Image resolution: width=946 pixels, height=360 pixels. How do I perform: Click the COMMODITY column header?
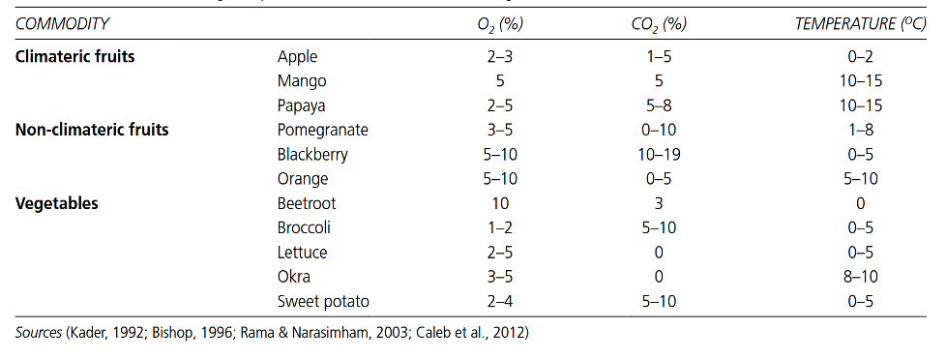[x=62, y=24]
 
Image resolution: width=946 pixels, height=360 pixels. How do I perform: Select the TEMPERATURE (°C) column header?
[x=860, y=24]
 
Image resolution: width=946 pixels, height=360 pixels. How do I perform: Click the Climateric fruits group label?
[x=74, y=57]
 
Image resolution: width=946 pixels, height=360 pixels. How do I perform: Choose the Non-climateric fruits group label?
[x=92, y=130]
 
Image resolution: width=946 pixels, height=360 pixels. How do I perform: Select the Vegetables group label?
[x=56, y=203]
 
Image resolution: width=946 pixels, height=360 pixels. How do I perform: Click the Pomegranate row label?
[x=322, y=131]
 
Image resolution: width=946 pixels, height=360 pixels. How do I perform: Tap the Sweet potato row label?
[x=323, y=301]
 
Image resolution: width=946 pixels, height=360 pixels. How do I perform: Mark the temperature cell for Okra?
[x=860, y=277]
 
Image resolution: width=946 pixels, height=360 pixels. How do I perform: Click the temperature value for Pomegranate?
[x=860, y=130]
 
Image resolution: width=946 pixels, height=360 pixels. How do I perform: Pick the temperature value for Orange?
[x=860, y=179]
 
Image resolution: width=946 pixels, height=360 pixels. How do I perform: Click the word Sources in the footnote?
[x=38, y=333]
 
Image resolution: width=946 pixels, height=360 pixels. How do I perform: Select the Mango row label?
[x=302, y=81]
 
